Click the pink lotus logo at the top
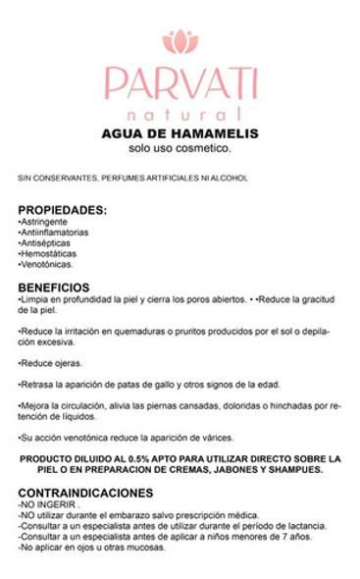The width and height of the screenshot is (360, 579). coord(180,41)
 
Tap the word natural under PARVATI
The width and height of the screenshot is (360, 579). coord(180,114)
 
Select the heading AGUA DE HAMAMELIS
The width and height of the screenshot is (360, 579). coord(180,134)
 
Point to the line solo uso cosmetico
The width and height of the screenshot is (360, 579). coord(180,149)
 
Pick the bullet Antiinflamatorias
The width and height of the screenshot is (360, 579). coord(54,233)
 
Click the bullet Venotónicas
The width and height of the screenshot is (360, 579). coord(46,264)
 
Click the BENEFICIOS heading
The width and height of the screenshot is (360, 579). coord(60,287)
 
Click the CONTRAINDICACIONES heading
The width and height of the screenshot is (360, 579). coord(87,494)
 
